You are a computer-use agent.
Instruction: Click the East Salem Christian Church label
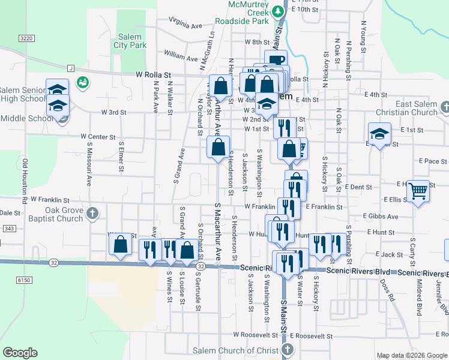(x=408, y=108)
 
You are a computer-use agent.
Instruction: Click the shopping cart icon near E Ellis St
(x=418, y=191)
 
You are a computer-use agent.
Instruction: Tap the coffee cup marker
(x=276, y=61)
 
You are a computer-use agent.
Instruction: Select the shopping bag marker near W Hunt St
(x=120, y=244)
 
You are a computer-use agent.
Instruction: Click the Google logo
(x=20, y=353)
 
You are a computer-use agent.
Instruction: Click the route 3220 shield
(x=26, y=38)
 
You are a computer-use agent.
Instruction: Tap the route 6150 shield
(x=23, y=280)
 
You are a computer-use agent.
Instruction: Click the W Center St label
(x=98, y=137)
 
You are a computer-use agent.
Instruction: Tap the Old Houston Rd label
(x=25, y=179)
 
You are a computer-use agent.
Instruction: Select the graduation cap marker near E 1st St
(x=379, y=136)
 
